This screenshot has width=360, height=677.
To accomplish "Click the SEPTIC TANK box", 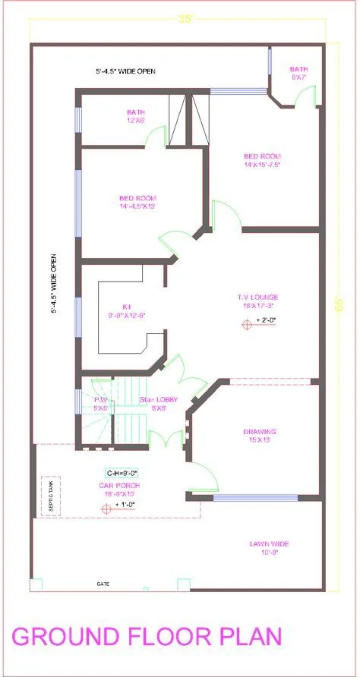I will [46, 496].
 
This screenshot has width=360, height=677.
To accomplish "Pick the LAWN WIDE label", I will [270, 543].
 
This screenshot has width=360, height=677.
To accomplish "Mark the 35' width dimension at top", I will [185, 20].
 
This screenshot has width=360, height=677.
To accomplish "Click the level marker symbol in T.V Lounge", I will [247, 324].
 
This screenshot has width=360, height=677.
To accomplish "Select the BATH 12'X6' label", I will [136, 116].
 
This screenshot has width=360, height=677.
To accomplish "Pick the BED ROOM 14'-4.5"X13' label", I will [137, 202].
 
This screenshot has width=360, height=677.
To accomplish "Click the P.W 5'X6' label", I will [100, 403].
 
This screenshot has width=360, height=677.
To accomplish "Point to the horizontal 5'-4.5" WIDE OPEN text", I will [125, 71].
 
